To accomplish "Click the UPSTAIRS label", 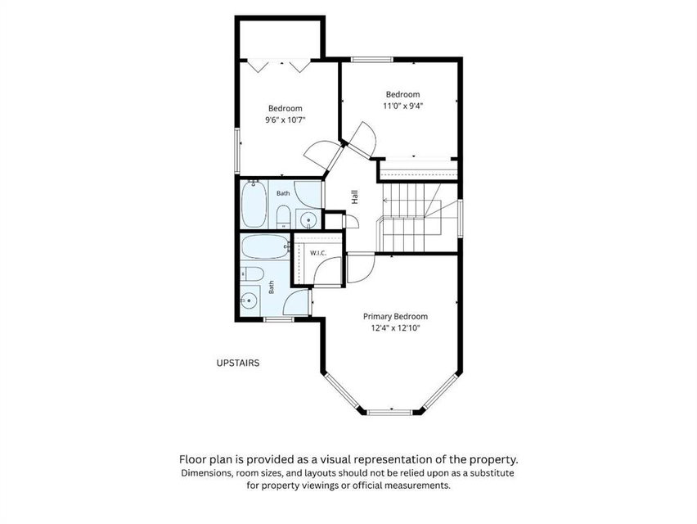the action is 238,363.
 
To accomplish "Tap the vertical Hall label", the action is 355,197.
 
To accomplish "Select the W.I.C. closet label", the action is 318,253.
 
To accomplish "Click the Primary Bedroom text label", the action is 396,317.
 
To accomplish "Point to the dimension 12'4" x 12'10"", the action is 396,328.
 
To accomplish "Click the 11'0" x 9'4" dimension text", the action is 402,106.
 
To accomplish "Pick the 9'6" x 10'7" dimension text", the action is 286,120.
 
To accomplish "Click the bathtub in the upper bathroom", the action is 254,204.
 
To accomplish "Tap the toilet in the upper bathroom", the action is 283,217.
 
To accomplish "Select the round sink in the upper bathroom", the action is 308,219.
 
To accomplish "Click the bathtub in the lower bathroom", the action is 265,247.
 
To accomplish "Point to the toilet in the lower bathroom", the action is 252,273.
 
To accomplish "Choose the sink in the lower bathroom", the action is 250,300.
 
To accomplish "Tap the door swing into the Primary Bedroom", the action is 361,268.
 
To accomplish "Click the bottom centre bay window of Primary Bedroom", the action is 390,413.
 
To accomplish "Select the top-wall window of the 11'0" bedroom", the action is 371,59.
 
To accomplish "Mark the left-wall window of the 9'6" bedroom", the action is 237,151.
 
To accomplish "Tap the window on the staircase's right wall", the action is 461,218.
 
